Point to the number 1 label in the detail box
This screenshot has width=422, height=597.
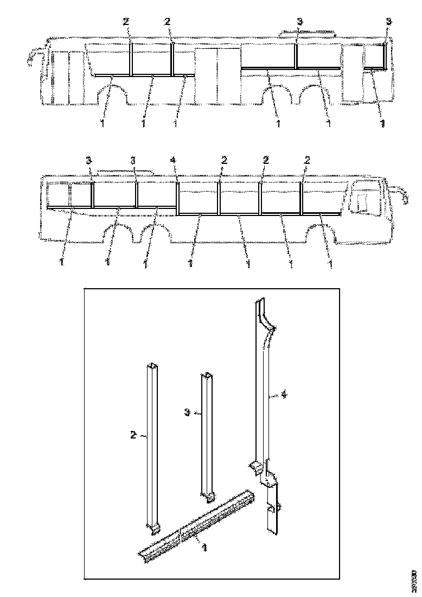pyautogui.click(x=204, y=548)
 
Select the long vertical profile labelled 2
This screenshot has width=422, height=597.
pyautogui.click(x=152, y=445)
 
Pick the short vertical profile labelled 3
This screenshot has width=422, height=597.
pyautogui.click(x=208, y=434)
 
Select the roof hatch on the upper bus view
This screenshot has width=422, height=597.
pyautogui.click(x=306, y=34)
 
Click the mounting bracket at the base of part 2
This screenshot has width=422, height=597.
pyautogui.click(x=153, y=527)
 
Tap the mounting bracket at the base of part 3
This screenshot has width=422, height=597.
pyautogui.click(x=208, y=496)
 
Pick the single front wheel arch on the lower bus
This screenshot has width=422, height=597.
pyautogui.click(x=320, y=237)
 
